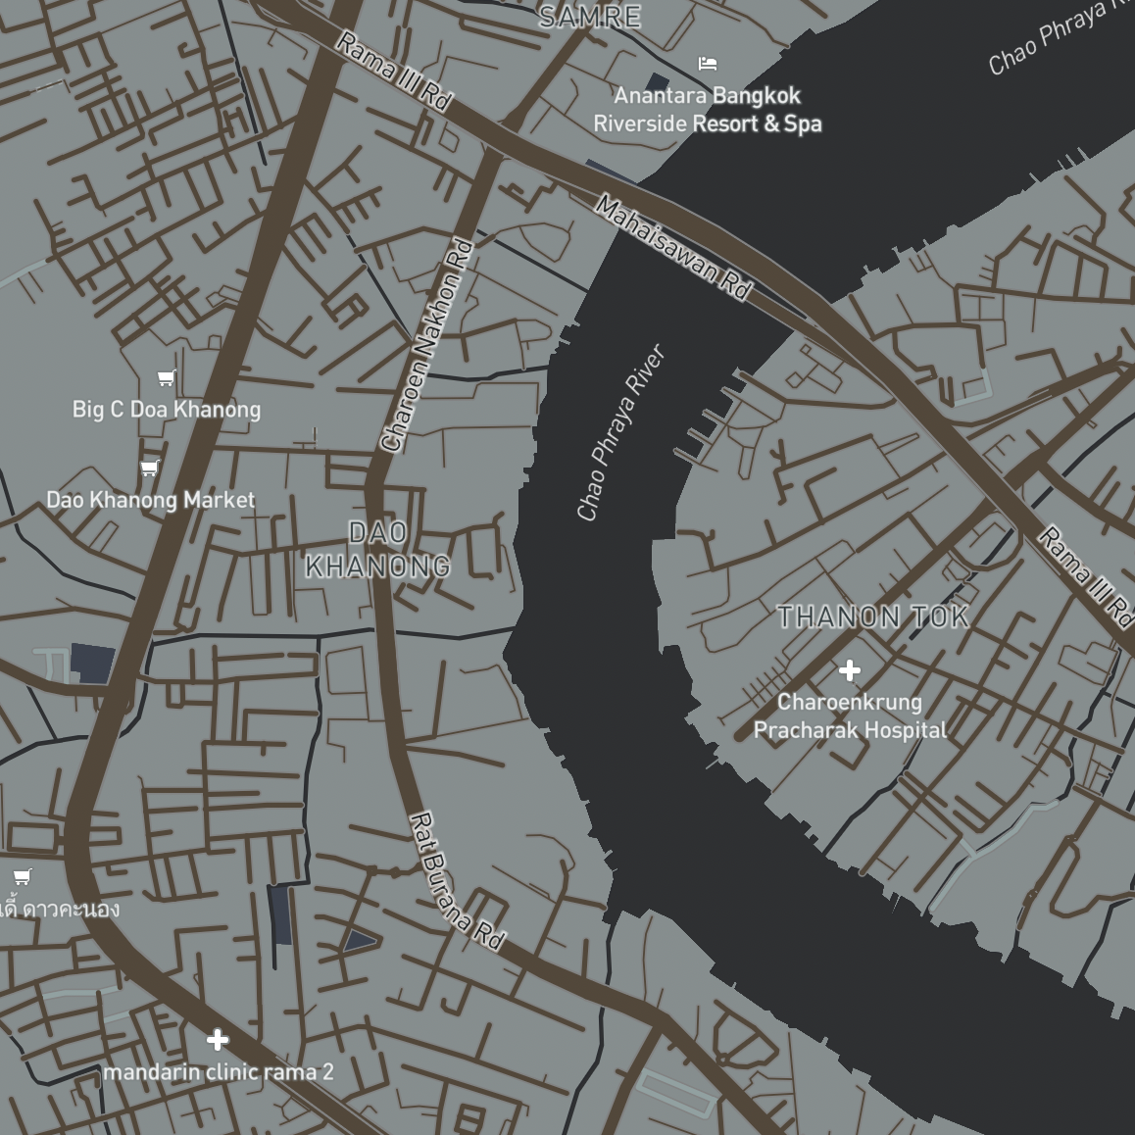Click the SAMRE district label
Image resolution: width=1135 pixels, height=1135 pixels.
coord(590,17)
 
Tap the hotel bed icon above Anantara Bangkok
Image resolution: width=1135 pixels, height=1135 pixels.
coord(708,64)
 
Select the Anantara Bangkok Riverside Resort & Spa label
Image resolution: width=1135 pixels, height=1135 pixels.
coord(708,110)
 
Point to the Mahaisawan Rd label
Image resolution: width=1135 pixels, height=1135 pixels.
coord(674,248)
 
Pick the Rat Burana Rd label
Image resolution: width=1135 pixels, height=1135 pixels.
coord(456,881)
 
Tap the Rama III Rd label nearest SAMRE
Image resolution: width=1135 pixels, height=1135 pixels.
coord(394,71)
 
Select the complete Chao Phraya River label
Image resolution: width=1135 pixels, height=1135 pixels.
coord(620,432)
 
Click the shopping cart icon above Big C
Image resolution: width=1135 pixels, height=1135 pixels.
coord(167,378)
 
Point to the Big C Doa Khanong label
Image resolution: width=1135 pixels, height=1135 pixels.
coord(167,409)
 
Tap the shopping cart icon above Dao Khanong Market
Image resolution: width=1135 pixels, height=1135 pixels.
coord(149,468)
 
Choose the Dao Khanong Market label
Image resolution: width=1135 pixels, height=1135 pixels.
coord(151,500)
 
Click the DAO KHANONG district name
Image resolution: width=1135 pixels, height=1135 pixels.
coord(378,550)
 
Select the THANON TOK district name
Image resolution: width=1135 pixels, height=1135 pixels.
coord(873,617)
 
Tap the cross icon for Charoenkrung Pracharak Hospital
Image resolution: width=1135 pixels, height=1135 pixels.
coord(850,670)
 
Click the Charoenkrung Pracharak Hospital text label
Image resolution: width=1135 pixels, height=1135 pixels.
coord(850,716)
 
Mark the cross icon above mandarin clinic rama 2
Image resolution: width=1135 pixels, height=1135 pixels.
coord(218,1039)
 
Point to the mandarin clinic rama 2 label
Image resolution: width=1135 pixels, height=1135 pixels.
coord(219,1072)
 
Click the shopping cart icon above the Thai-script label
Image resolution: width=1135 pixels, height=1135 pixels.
coord(22,876)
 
